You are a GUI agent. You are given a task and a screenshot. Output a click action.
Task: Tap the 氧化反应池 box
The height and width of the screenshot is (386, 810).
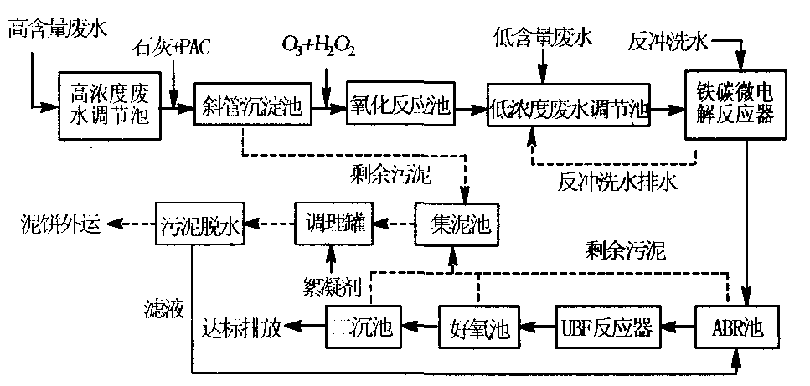(399, 107)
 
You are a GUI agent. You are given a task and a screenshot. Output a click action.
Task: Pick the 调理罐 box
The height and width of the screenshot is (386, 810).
(333, 224)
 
